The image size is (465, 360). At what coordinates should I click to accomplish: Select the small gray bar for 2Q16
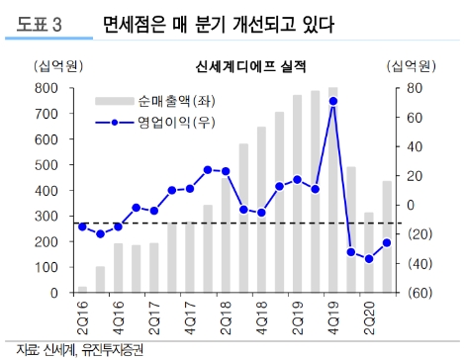tap(82, 290)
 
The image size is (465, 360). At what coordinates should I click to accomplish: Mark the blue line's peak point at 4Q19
tap(332, 101)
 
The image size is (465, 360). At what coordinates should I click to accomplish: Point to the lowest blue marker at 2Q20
tap(369, 259)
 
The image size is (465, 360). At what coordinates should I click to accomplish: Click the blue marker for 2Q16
tap(82, 226)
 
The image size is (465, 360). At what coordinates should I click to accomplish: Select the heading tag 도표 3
tap(36, 26)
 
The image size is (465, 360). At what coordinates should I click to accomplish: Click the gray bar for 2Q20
tap(369, 253)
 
